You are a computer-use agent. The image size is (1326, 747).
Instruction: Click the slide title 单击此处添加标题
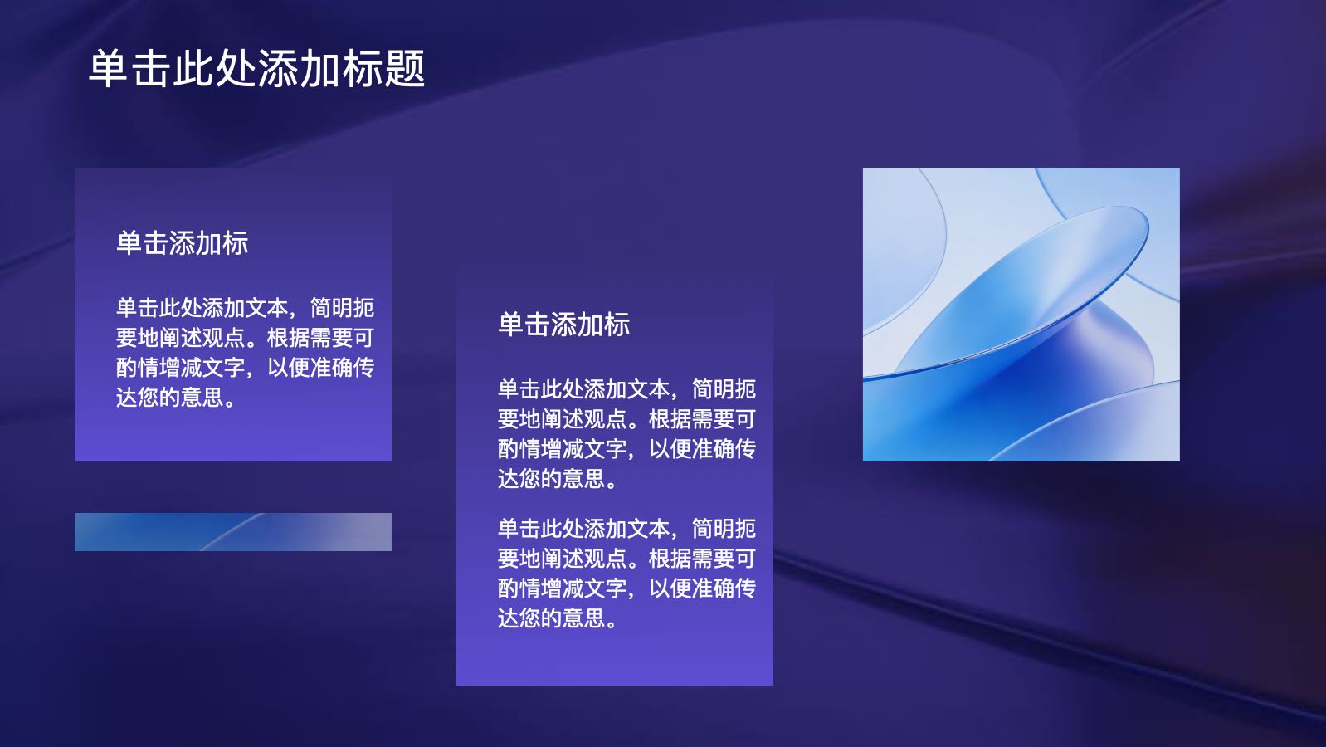[256, 69]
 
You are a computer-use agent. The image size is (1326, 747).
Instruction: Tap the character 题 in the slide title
[404, 69]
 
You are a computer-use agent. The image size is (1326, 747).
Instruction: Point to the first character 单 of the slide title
[109, 69]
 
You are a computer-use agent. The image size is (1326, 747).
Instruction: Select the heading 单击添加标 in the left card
[183, 243]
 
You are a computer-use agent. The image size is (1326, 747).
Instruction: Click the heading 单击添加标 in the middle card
[564, 325]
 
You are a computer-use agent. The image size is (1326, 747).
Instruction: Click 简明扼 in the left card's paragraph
[342, 308]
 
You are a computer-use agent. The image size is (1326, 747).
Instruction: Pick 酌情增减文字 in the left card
[181, 368]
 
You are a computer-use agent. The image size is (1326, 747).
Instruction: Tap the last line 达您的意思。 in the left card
[176, 398]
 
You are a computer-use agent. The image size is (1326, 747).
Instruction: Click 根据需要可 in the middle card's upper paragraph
[702, 419]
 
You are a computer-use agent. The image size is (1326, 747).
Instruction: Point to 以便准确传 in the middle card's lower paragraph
[702, 588]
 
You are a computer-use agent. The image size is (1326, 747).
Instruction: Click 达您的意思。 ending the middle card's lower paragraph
[558, 618]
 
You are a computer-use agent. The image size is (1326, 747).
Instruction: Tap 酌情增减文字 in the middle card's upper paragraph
[563, 449]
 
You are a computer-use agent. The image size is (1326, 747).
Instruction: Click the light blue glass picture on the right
[1021, 315]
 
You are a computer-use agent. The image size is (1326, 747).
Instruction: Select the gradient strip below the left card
[233, 532]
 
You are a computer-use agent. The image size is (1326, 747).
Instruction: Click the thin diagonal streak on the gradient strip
[232, 532]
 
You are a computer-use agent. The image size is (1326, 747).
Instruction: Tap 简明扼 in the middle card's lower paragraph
[724, 529]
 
